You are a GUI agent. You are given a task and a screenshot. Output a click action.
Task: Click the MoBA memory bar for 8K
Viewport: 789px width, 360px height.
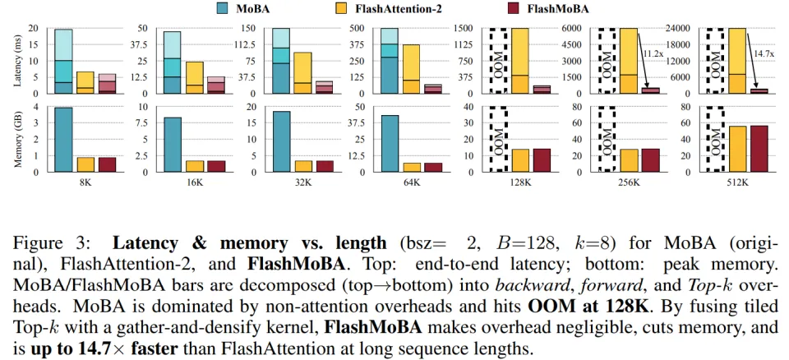[x=63, y=140]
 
